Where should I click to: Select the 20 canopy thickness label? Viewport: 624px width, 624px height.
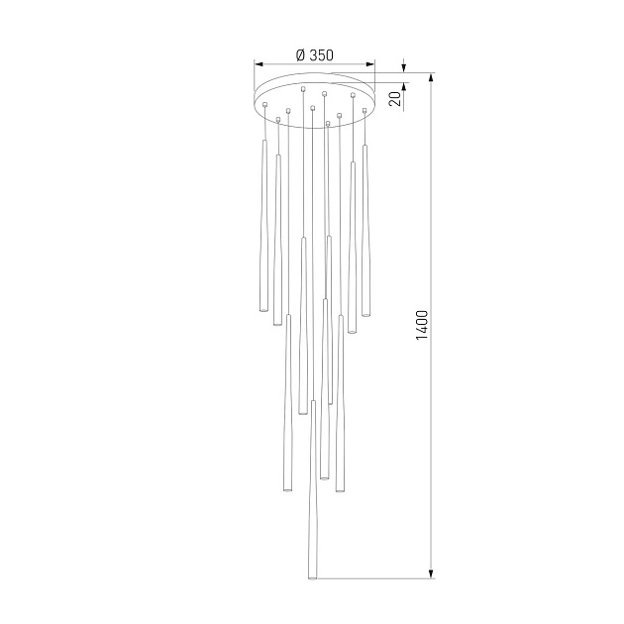coord(394,98)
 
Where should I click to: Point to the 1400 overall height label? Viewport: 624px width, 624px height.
coord(421,325)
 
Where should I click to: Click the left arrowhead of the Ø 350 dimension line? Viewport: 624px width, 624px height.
coord(260,64)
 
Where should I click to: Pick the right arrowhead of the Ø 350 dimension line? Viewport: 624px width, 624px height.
coord(371,64)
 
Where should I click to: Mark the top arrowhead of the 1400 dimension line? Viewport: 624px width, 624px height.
coord(431,77)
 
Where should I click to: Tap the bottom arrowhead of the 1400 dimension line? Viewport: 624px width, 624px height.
coord(431,573)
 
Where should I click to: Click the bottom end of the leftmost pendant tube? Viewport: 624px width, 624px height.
coord(263,311)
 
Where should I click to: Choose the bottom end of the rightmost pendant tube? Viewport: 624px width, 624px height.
coord(365,315)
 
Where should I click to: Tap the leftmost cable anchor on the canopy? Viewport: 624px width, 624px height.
coord(265,103)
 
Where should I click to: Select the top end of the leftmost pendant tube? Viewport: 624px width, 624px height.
coord(263,142)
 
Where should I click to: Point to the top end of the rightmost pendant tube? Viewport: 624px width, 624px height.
coord(365,147)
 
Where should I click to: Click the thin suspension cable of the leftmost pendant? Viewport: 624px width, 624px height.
coord(264,123)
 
